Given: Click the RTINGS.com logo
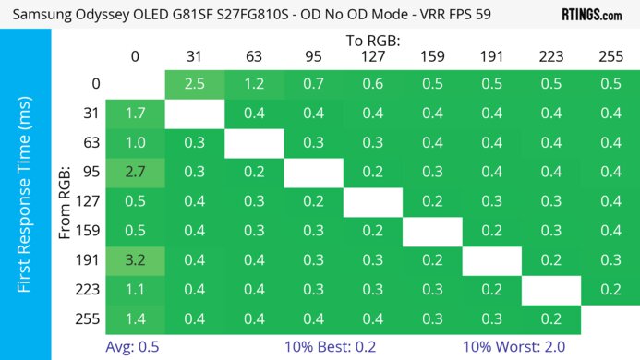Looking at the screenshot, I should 592,15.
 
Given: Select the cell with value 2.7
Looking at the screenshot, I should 135,171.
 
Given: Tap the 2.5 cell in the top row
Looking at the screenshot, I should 194,84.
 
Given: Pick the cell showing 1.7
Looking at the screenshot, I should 135,114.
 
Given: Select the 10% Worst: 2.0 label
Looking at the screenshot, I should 520,346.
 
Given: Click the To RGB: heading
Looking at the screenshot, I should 372,41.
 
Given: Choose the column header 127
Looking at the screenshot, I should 372,56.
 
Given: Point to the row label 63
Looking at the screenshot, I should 90,142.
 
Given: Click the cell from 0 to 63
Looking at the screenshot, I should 254,84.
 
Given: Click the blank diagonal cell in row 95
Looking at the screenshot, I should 313,171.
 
